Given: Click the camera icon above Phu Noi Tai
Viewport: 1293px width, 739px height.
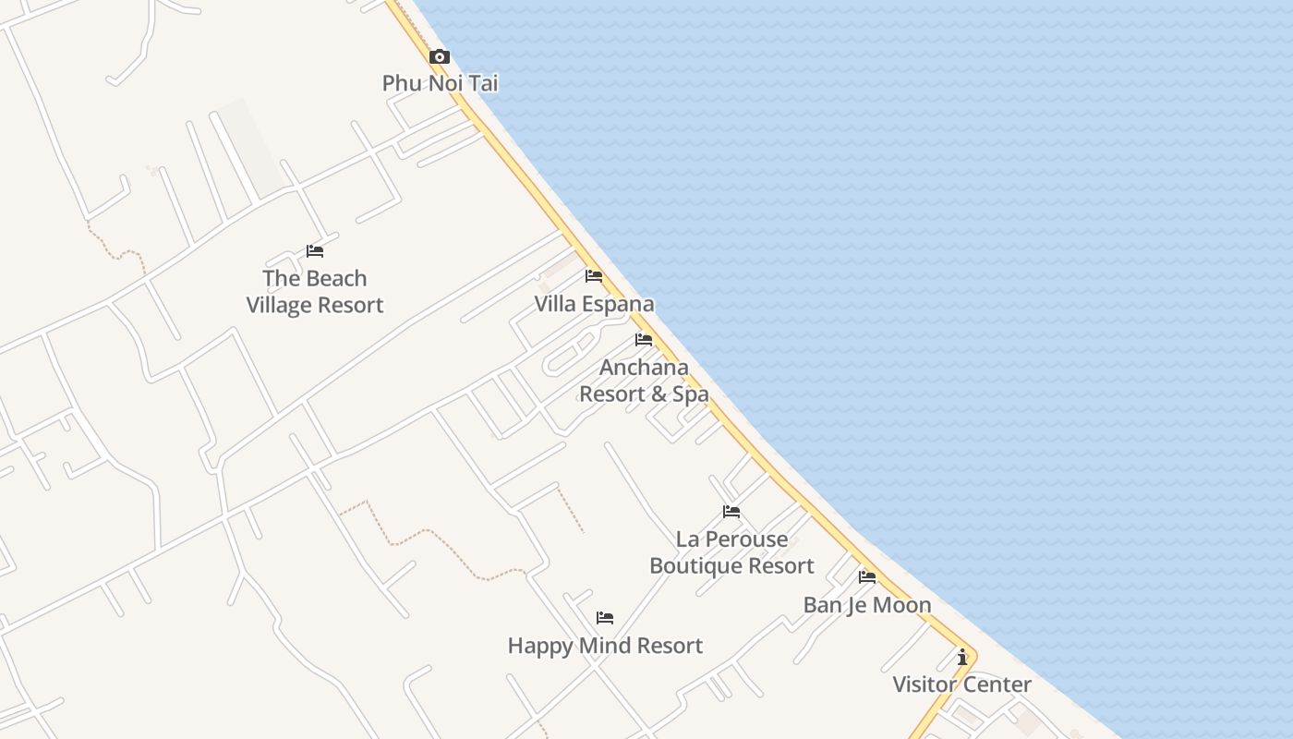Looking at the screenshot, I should click(440, 57).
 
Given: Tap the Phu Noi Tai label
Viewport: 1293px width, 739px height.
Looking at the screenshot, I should click(440, 83).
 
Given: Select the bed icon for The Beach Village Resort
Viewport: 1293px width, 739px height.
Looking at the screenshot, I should click(315, 251).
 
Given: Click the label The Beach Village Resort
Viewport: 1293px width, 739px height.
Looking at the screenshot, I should click(315, 292).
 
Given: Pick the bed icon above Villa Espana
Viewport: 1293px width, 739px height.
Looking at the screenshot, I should click(594, 276).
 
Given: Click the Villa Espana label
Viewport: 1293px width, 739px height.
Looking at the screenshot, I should click(594, 304).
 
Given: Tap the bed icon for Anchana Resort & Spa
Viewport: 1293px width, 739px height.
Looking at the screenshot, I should click(644, 340).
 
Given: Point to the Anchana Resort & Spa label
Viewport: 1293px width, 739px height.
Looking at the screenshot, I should click(644, 381).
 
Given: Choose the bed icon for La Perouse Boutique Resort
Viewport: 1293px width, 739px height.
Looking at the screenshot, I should click(731, 512).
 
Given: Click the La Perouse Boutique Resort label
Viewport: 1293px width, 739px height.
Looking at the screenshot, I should click(731, 552).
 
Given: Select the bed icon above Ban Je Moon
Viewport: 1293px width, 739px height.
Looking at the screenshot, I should click(867, 577).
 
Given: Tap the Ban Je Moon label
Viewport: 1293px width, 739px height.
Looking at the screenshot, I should click(867, 605).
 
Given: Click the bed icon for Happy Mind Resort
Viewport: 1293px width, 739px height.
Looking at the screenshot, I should click(605, 618).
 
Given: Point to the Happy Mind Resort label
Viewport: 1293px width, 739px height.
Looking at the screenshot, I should click(605, 646).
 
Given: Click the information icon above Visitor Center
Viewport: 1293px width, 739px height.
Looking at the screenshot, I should click(962, 657).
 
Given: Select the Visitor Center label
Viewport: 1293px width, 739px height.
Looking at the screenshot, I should click(961, 684).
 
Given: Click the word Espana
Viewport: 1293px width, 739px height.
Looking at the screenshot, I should click(618, 304).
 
